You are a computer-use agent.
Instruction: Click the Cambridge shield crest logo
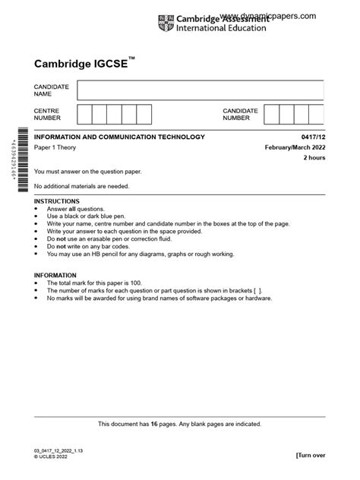(x=166, y=24)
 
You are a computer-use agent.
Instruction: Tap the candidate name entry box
(x=200, y=91)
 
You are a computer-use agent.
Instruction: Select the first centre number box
(x=84, y=115)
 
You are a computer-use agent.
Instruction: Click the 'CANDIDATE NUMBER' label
(x=240, y=115)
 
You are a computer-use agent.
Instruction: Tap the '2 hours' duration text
(x=314, y=158)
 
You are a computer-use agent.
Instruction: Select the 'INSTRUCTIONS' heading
(x=57, y=201)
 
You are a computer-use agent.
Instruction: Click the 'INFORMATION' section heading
(x=55, y=275)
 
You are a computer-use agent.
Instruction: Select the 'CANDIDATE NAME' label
(x=52, y=91)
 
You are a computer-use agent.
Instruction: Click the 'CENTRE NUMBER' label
(x=47, y=115)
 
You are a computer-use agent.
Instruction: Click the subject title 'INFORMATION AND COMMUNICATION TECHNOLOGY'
(x=119, y=137)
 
